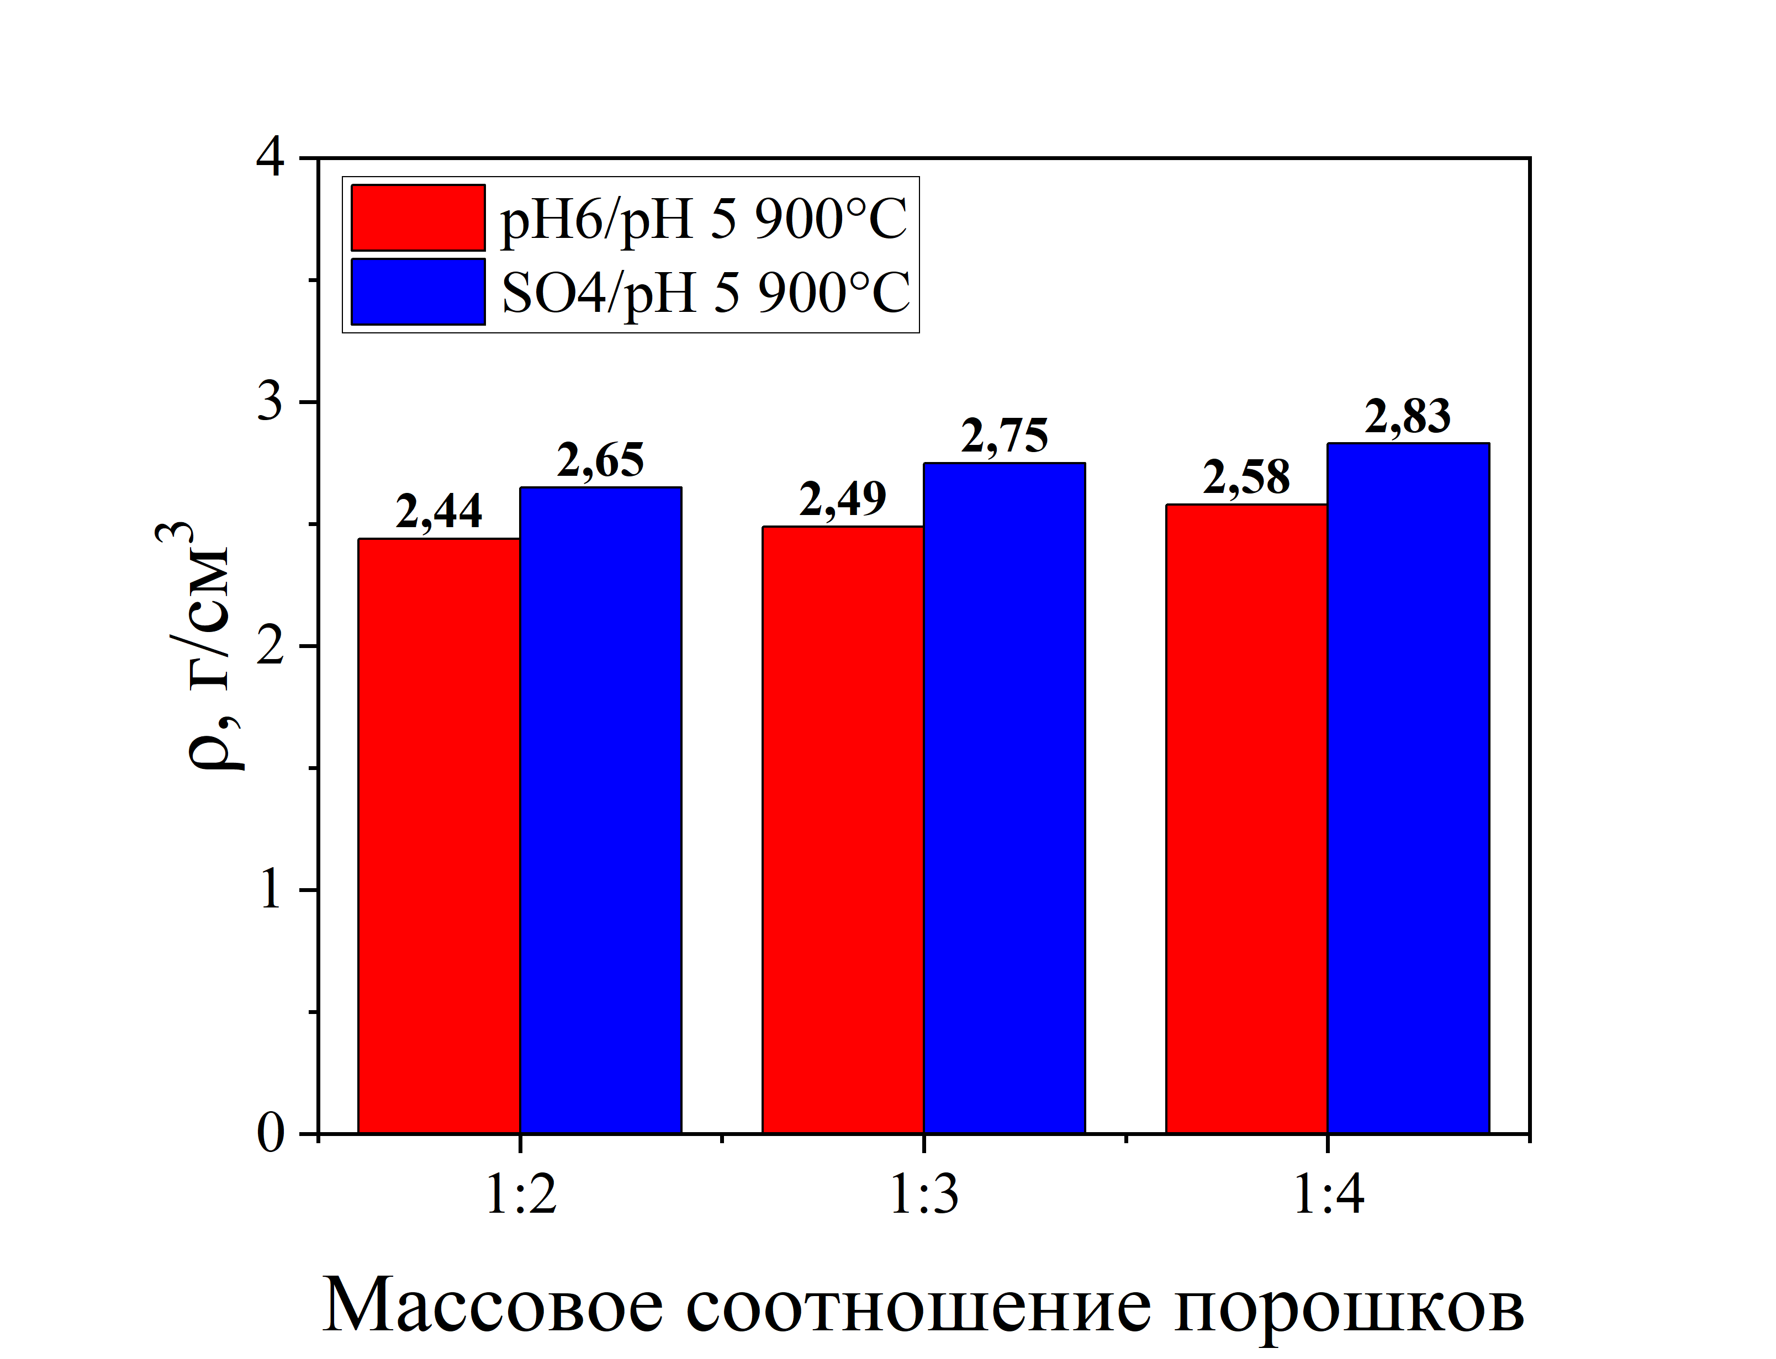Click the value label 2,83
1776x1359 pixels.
click(x=1408, y=417)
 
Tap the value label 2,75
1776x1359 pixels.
click(x=1004, y=437)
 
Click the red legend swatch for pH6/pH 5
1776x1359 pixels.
click(x=417, y=217)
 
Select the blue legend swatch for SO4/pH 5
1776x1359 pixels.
click(x=417, y=291)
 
